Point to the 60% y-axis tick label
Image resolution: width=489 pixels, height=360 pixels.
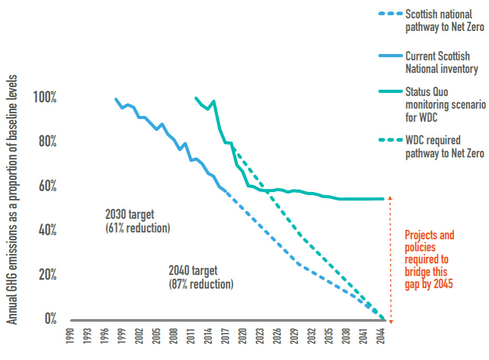(45, 186)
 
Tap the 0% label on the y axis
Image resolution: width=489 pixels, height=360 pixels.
(50, 319)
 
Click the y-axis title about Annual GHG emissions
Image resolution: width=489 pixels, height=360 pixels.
(13, 199)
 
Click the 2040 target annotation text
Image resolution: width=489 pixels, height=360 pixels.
(201, 278)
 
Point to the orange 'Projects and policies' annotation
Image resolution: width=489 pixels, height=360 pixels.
(429, 260)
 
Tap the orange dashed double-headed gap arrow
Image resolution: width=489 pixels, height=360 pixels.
(390, 259)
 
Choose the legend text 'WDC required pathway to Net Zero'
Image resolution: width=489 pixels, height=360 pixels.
(444, 147)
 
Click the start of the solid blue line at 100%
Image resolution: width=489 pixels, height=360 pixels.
(116, 99)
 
